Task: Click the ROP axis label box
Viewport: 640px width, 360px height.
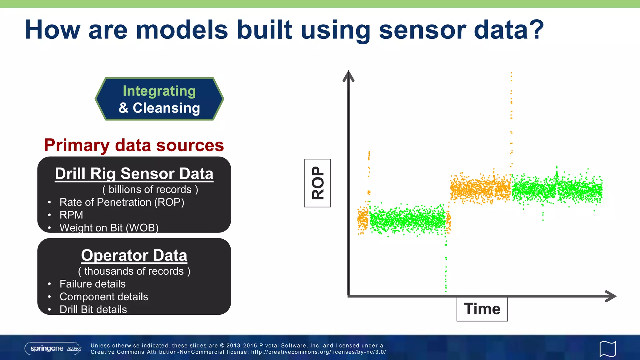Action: (x=317, y=183)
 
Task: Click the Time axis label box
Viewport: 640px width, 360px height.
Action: (x=482, y=309)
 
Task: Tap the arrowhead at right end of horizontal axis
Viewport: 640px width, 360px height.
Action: (x=611, y=296)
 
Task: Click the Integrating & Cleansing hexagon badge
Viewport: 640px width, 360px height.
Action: (x=159, y=99)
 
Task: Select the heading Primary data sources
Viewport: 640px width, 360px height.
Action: (x=134, y=145)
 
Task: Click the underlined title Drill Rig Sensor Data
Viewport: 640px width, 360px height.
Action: (x=134, y=174)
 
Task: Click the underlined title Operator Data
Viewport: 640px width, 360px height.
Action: (x=134, y=255)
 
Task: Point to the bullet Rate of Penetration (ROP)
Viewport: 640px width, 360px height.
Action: (x=122, y=202)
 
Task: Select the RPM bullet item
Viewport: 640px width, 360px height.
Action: (x=71, y=215)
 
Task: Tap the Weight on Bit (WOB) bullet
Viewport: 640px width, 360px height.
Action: (x=109, y=227)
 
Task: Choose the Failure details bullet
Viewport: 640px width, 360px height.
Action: (x=92, y=284)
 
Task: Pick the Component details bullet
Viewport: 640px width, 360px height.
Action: (x=104, y=297)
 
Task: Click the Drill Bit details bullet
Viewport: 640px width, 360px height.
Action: (x=93, y=309)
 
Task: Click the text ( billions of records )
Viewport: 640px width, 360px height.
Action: (x=150, y=189)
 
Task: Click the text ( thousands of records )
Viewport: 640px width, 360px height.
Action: (x=134, y=271)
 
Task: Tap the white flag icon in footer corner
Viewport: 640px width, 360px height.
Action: (x=607, y=349)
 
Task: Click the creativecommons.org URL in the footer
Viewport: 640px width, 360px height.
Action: (x=318, y=352)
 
